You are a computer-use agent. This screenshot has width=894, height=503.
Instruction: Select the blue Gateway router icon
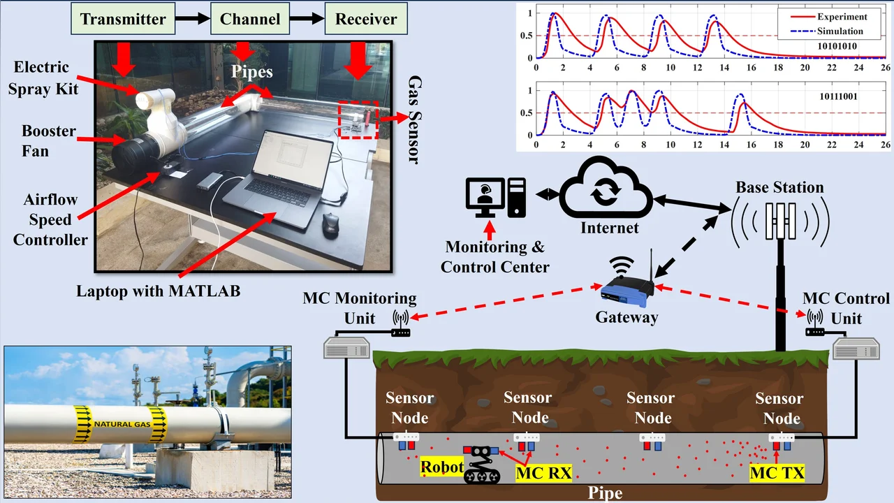tap(626, 291)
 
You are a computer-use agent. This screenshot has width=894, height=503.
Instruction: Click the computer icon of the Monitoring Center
tap(495, 197)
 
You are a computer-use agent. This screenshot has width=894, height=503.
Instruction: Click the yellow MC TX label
tap(777, 474)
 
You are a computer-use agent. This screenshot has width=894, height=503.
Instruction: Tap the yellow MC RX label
tap(543, 474)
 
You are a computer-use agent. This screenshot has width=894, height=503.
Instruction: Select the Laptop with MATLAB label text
tap(158, 291)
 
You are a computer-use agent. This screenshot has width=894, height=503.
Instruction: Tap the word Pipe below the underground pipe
tap(606, 493)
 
